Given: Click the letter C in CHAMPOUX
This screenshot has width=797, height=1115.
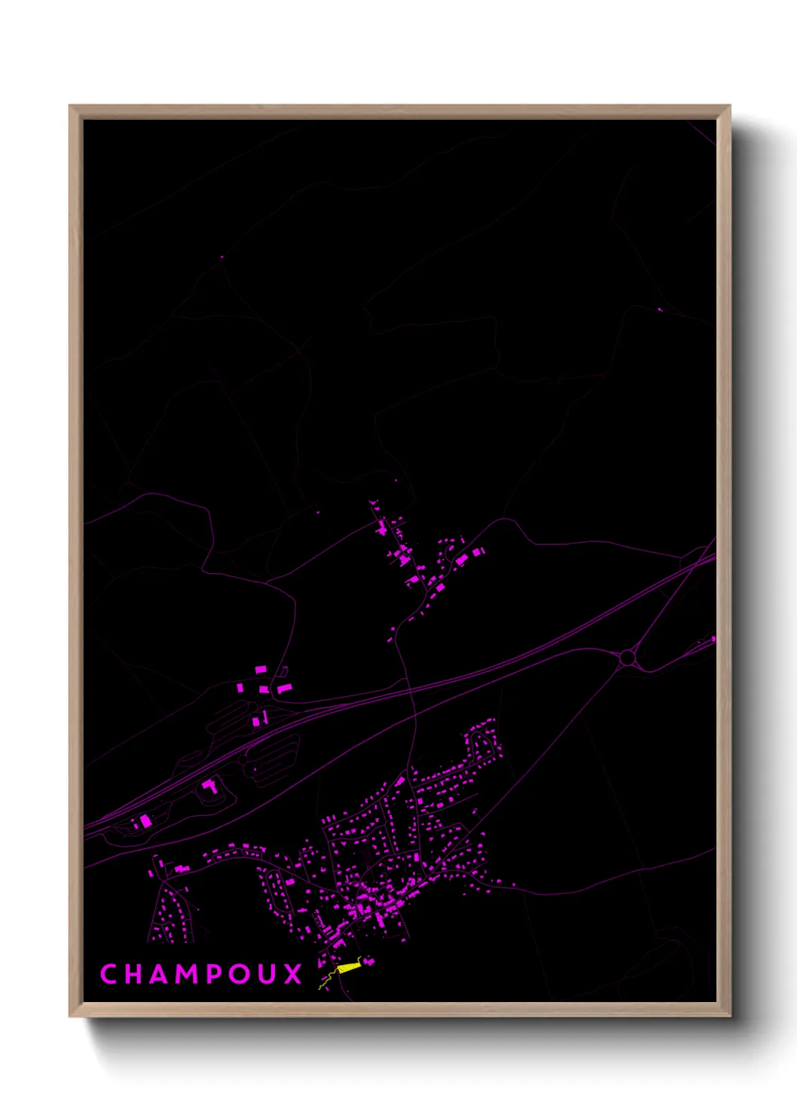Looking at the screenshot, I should click(x=108, y=973).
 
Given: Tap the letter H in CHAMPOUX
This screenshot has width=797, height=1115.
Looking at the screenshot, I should click(x=135, y=973).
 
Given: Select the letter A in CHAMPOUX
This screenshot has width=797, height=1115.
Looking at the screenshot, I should click(x=163, y=973).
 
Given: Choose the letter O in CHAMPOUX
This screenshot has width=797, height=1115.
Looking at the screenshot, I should click(x=243, y=973).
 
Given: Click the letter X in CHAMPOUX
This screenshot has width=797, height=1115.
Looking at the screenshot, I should click(x=293, y=973).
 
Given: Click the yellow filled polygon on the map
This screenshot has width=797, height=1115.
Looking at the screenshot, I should click(x=349, y=967).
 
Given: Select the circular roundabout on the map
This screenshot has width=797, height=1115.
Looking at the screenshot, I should click(x=627, y=658).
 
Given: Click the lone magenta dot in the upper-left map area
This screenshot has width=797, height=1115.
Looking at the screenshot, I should click(x=221, y=257).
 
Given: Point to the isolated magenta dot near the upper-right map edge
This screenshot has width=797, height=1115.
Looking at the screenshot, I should click(x=660, y=309).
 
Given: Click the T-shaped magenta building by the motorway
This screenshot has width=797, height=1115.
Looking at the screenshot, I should click(x=210, y=787).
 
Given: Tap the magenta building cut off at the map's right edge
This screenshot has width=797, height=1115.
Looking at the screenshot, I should click(x=713, y=640).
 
